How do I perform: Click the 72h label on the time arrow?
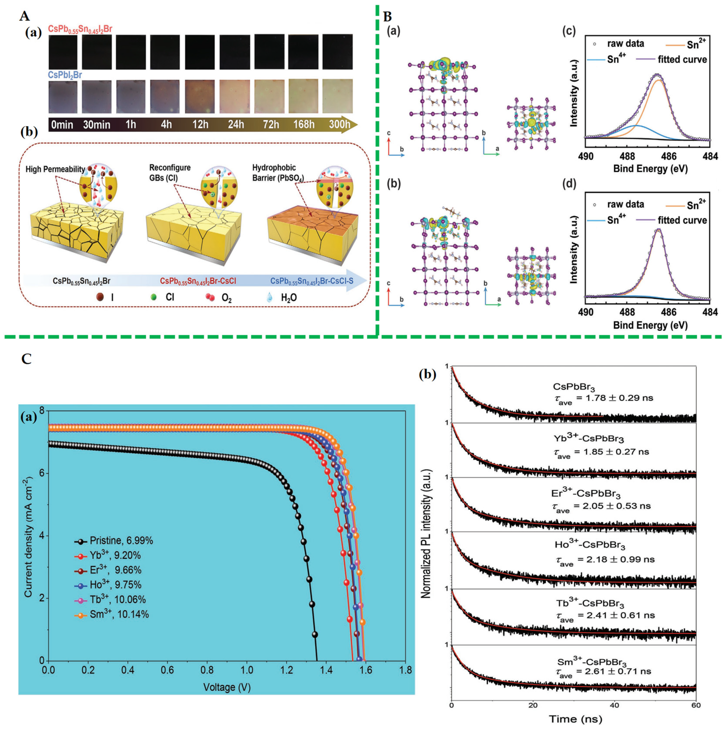pos(270,124)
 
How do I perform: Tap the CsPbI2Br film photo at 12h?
pos(200,96)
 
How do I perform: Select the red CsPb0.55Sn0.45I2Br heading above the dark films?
pos(80,29)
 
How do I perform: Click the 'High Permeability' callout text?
pos(55,169)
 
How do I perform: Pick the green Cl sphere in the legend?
pos(154,297)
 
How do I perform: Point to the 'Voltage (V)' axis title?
pos(227,687)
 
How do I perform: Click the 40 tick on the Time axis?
pos(614,705)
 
